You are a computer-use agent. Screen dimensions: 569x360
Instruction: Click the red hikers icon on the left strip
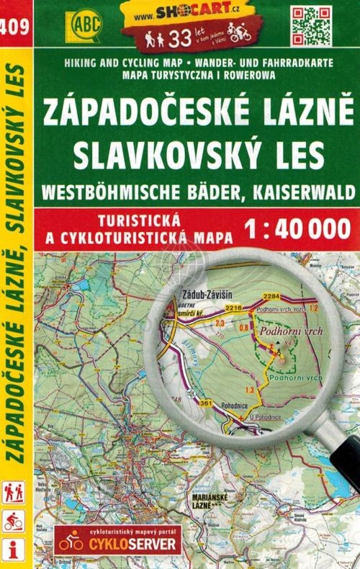pos(14,491)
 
